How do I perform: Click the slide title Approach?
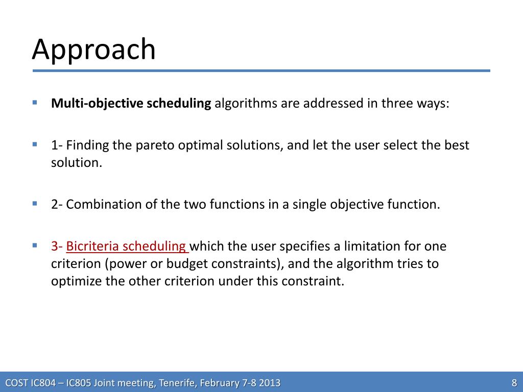[94, 50]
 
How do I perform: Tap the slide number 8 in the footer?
[514, 382]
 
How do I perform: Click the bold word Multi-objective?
[97, 103]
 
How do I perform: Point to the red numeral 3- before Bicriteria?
[57, 246]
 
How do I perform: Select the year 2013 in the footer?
[269, 383]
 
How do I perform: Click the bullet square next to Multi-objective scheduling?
[35, 102]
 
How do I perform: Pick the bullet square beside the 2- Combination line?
[35, 203]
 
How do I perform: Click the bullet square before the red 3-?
[35, 245]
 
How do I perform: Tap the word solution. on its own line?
[77, 163]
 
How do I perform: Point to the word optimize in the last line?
[77, 281]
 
